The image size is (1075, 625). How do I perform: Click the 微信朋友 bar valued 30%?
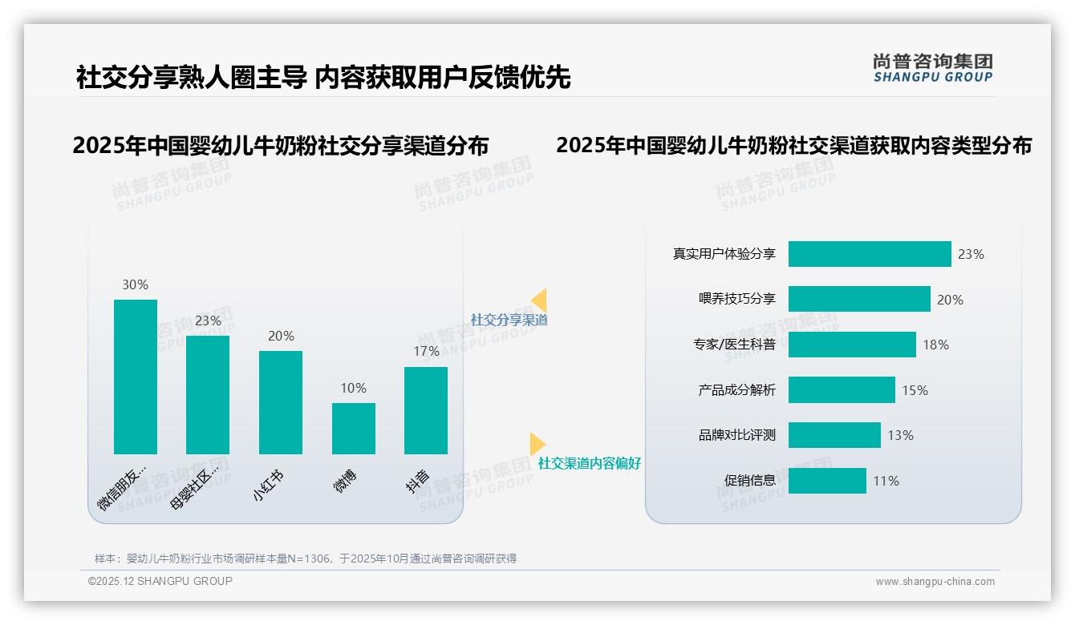(136, 377)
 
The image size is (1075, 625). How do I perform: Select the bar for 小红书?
(281, 402)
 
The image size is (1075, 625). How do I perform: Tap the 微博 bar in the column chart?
(354, 429)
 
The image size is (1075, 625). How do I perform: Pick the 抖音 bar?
(426, 410)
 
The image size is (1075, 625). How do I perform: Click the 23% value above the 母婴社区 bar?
(208, 321)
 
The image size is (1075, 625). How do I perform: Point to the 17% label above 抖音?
(426, 351)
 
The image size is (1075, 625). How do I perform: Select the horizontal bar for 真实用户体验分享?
(870, 254)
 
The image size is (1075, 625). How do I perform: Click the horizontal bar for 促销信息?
(827, 481)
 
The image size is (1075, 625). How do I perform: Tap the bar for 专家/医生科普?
(852, 345)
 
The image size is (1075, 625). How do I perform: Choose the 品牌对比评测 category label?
(736, 436)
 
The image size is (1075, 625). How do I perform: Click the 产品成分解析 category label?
(736, 390)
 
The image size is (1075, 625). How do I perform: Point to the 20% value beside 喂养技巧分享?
(950, 300)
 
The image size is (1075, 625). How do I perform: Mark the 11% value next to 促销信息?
(886, 481)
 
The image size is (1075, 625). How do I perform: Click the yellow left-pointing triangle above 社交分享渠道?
(540, 300)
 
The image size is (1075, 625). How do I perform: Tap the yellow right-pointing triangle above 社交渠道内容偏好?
(537, 444)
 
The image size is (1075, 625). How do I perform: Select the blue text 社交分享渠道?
(509, 320)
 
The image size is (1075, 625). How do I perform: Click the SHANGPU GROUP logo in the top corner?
(932, 68)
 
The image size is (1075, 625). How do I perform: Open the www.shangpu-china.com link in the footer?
(935, 582)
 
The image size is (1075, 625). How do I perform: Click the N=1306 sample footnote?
(305, 558)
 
